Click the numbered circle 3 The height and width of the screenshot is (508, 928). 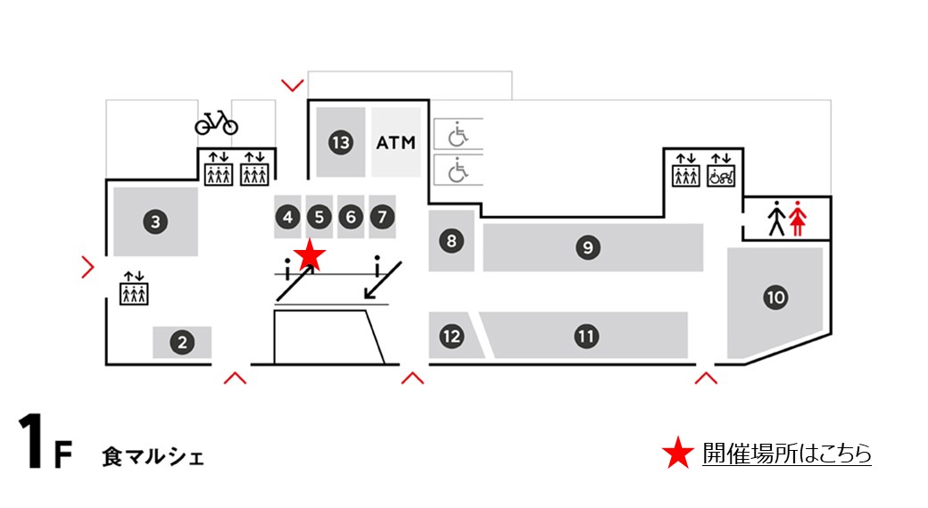point(155,221)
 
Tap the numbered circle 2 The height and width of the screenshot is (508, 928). point(181,341)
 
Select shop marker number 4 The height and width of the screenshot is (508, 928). point(286,216)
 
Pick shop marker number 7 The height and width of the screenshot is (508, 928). point(381,216)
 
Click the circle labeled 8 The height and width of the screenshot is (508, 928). point(452,240)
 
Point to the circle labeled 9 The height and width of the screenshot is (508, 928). point(586,247)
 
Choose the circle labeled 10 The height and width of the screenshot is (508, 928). point(775,297)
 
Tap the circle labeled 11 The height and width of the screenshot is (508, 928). point(585,337)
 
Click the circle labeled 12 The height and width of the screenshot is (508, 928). point(452,337)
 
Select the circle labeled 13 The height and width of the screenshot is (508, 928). point(339,142)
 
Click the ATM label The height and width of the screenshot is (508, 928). point(396,143)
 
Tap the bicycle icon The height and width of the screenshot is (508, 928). point(217,122)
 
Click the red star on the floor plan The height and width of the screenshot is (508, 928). point(310,254)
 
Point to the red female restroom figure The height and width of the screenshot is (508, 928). point(797,219)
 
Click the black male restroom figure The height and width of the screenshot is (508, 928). point(776,219)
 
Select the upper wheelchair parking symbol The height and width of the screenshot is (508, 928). point(458,135)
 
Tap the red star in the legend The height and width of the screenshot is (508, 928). point(678,454)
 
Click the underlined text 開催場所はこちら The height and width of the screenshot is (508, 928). point(786,454)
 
